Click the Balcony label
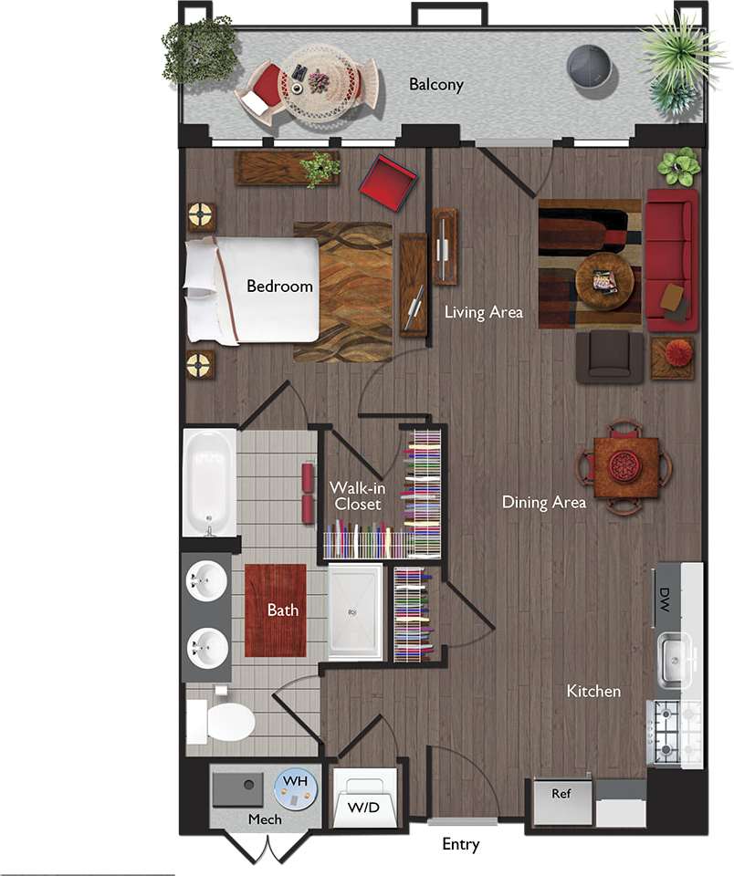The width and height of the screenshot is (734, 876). (x=435, y=85)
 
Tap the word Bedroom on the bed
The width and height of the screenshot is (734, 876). (x=279, y=286)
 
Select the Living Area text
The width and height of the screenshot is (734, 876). (x=483, y=312)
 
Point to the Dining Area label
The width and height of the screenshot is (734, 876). (x=543, y=502)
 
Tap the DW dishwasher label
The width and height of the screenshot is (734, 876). (x=664, y=600)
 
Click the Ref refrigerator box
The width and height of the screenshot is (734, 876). (x=561, y=794)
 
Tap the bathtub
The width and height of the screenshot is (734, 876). (x=209, y=483)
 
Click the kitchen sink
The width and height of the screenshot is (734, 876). (x=676, y=655)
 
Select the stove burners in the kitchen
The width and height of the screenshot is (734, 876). (x=674, y=733)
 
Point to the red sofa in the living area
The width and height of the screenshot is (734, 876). (x=671, y=259)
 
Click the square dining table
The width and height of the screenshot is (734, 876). (x=625, y=467)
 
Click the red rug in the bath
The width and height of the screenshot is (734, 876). (x=276, y=609)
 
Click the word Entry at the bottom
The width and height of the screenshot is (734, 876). (x=460, y=844)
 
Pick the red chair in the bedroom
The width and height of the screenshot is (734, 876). (x=388, y=182)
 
